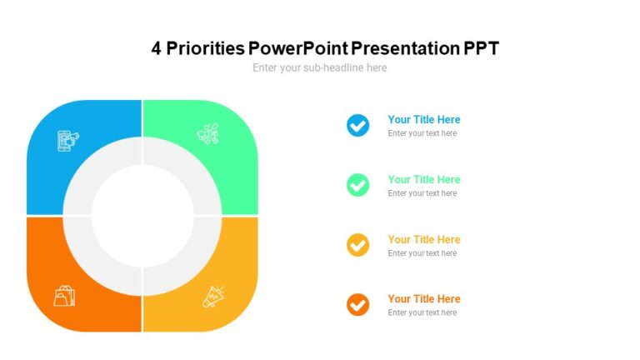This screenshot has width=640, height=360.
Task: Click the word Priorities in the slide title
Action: click(204, 48)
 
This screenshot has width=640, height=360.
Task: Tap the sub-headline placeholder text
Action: click(320, 67)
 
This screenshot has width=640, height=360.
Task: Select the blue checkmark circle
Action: click(357, 126)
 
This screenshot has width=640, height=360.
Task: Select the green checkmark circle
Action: click(357, 185)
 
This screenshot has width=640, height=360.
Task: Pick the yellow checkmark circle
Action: click(357, 245)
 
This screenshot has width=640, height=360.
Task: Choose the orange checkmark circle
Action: click(357, 305)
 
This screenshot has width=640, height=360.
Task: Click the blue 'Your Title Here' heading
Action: click(423, 119)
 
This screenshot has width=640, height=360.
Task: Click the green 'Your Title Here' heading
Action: click(423, 179)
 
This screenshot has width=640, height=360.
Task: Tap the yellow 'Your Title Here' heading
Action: click(423, 239)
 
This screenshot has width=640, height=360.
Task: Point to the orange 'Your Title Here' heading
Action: click(423, 298)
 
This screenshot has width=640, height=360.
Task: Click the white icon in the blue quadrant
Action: click(67, 139)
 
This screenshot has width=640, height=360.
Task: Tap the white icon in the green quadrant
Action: click(207, 133)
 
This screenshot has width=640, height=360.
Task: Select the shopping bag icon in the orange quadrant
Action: click(64, 295)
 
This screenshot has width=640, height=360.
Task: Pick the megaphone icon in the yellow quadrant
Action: click(213, 296)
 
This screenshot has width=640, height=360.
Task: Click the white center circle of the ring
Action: click(142, 216)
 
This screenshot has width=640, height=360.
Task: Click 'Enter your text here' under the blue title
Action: click(422, 133)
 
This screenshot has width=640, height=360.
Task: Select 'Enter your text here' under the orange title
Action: click(422, 312)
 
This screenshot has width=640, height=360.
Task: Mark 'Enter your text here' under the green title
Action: click(422, 193)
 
